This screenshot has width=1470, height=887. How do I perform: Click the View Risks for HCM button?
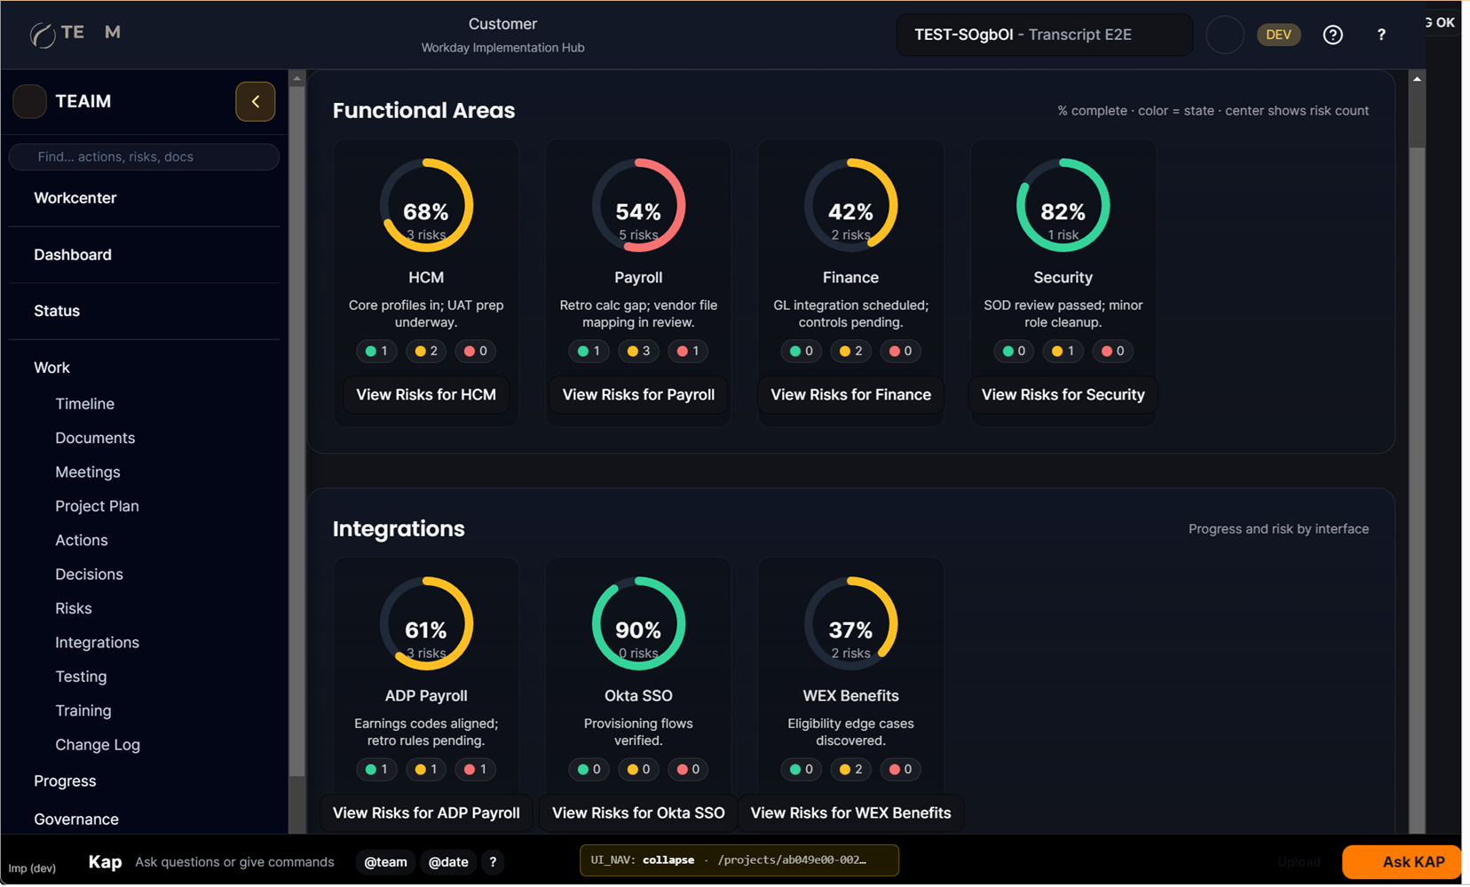[426, 395]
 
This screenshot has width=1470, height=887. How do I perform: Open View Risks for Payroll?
[638, 395]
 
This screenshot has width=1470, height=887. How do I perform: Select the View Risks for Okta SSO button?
[638, 813]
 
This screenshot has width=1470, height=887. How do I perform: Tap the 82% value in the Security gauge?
[1063, 212]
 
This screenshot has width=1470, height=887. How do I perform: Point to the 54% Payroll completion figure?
[638, 212]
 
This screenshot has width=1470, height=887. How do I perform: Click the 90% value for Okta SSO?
[638, 630]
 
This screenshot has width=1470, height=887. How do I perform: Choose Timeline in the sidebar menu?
[84, 404]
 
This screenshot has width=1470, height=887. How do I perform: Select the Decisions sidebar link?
[89, 574]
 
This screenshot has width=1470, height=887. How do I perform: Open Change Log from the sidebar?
[98, 745]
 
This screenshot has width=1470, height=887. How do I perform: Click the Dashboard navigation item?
[73, 255]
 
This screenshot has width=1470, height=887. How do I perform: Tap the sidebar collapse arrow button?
[256, 101]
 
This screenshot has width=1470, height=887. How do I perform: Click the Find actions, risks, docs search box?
[144, 157]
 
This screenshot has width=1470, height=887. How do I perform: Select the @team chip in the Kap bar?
[385, 862]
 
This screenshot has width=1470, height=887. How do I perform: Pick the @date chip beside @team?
[448, 862]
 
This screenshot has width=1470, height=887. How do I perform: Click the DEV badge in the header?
[1278, 35]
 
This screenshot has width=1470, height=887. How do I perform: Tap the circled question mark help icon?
[1332, 35]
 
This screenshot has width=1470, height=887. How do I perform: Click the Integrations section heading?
[399, 529]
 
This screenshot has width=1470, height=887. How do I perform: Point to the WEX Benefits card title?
[850, 696]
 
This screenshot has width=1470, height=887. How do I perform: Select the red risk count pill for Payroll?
[688, 352]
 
